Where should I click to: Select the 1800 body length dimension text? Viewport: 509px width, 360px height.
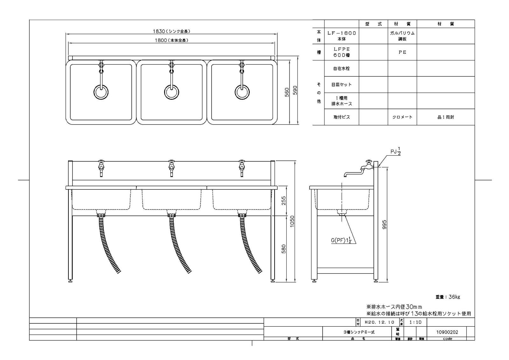click(x=171, y=40)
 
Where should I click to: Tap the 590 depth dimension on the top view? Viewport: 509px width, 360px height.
click(x=295, y=91)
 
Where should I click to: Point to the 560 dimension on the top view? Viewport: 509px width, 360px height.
click(x=287, y=92)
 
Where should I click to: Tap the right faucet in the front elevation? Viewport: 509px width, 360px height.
click(x=242, y=167)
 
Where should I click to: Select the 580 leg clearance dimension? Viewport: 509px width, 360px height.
click(x=284, y=249)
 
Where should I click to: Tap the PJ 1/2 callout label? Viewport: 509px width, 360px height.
click(x=395, y=152)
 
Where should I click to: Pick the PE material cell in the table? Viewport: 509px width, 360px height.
click(x=402, y=52)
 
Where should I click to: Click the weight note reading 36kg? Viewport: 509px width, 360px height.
click(x=448, y=297)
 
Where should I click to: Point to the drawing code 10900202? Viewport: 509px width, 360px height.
click(x=447, y=332)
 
